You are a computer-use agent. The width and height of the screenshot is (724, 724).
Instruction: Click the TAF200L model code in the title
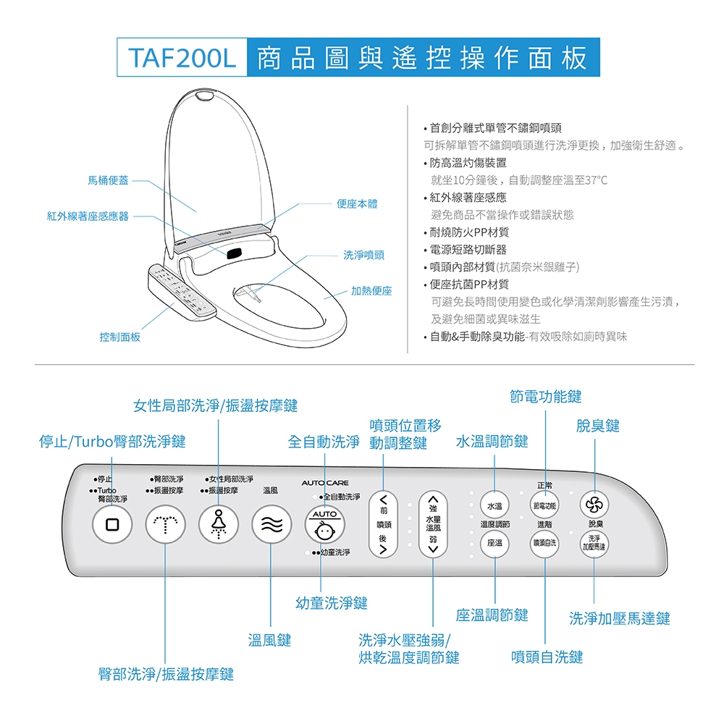(x=182, y=59)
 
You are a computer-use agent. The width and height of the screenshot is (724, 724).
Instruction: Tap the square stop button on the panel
(x=112, y=524)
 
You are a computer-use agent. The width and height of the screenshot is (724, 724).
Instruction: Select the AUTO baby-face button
(x=324, y=526)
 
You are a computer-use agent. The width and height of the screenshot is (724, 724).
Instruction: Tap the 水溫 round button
(x=495, y=506)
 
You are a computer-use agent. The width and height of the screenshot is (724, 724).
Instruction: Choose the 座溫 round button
(x=495, y=542)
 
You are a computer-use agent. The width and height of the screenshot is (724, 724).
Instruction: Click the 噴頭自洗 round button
(x=544, y=542)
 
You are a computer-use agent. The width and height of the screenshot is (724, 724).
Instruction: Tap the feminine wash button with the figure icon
(x=218, y=524)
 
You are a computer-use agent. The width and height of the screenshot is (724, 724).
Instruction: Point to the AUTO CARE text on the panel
(x=325, y=483)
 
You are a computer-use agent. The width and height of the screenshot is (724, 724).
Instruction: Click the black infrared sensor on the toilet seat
(x=234, y=254)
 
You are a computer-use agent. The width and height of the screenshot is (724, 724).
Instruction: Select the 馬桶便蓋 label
(x=109, y=180)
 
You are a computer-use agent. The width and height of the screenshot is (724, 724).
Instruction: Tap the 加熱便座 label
(x=371, y=290)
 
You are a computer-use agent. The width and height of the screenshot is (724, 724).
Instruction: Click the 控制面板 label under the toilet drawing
(x=120, y=337)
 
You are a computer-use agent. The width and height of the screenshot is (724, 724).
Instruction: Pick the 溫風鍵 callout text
(x=269, y=640)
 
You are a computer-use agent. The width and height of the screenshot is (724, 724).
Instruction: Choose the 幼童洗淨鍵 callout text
(x=332, y=602)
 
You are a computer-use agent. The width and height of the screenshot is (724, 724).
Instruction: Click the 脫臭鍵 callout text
(x=597, y=426)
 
